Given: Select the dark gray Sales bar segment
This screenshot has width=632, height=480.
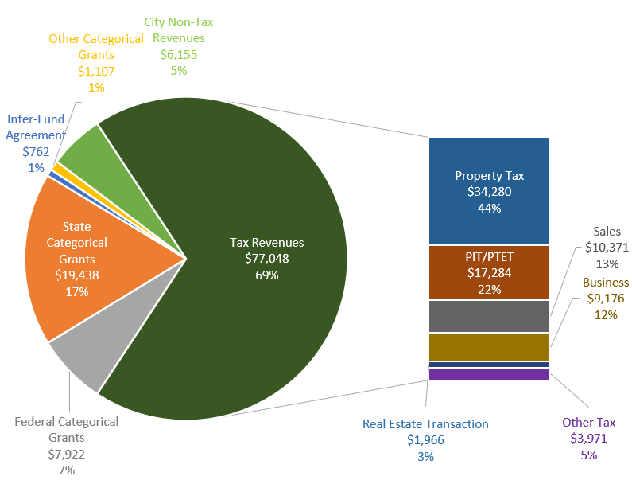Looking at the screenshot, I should click(489, 316).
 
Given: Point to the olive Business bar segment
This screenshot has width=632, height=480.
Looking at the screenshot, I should click(489, 346).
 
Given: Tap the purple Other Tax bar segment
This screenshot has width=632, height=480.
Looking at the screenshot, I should click(489, 374).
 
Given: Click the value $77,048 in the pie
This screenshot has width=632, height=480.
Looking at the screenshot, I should click(267, 259).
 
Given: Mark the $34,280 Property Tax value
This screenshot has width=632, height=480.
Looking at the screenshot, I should click(489, 192).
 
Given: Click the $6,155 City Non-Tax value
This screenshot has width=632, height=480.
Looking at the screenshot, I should click(178, 54).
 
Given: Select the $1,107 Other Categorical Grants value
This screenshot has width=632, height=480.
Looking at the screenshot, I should click(96, 71).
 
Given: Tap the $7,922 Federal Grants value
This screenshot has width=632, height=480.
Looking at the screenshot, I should click(66, 454).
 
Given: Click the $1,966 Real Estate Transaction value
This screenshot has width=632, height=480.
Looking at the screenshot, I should click(425, 440).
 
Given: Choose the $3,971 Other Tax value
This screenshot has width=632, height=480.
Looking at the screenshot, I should click(588, 439).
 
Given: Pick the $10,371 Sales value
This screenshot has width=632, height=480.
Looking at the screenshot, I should click(607, 248).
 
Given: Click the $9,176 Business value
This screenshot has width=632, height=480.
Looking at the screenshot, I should click(605, 299).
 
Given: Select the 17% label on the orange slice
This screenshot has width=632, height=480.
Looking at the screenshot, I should click(77, 291).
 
